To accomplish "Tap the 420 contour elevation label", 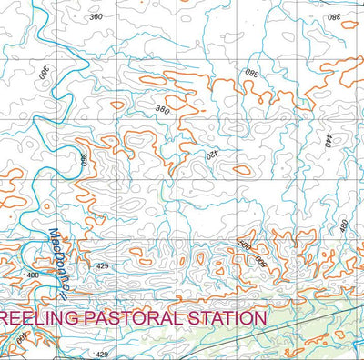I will coord(211,155).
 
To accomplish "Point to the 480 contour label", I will coord(344,225).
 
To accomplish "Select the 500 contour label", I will coord(244,246).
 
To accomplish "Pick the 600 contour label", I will coord(261,261).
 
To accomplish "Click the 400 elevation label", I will coord(33,275).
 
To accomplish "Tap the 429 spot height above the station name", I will coord(102,265).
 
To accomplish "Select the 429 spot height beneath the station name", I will coord(102,355).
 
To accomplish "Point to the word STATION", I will coord(225,318).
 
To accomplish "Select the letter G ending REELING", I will coord(71,318).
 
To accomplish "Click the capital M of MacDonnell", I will coord(55,234).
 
